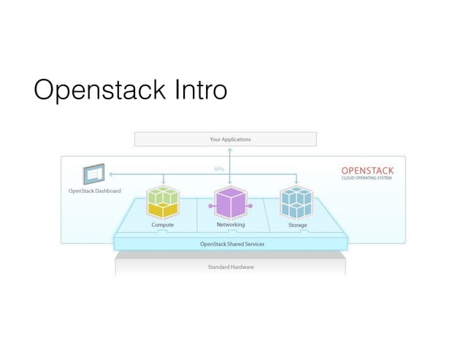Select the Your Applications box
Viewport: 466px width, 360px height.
225,139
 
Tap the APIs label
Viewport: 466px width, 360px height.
218,169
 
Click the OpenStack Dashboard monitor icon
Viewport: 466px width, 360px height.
93,176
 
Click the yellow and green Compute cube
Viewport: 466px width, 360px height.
163,202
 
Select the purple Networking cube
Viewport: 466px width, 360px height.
230,202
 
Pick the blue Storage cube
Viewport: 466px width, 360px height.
297,202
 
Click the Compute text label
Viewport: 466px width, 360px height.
162,225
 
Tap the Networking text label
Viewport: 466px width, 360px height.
230,225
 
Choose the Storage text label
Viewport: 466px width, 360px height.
297,225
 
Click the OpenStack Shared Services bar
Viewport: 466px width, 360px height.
232,244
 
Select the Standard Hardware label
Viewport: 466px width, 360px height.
231,267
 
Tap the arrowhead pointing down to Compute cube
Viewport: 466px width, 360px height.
163,183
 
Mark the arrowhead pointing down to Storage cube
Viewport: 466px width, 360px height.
297,183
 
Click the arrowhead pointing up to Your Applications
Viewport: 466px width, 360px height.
230,149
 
